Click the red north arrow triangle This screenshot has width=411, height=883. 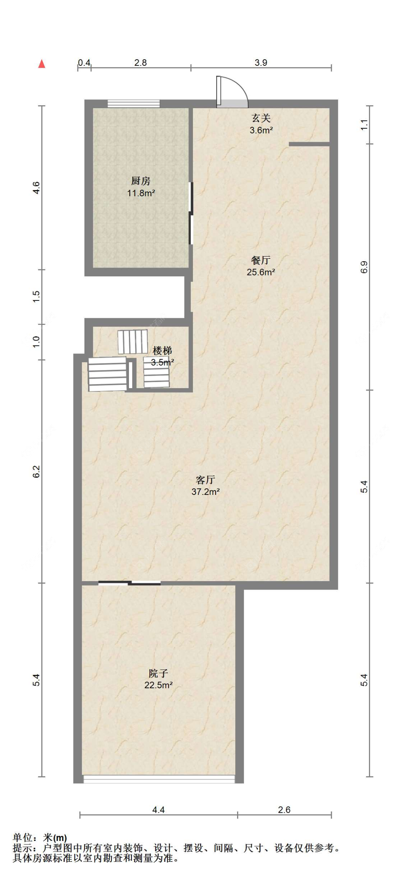point(42,64)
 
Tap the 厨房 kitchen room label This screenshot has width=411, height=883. point(141,181)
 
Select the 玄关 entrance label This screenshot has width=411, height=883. point(261,118)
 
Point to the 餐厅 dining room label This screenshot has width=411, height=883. point(261,260)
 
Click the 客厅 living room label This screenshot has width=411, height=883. point(205,480)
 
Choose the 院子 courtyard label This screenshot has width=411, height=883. point(158,673)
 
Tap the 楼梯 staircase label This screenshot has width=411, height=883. point(162,350)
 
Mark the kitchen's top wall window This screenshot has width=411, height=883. point(134,103)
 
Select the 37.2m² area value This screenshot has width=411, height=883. point(205,492)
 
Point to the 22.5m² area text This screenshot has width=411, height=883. point(158,685)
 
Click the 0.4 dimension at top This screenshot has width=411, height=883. point(84,62)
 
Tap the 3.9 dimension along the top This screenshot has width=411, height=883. point(261,62)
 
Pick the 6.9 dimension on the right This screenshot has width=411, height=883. point(364,267)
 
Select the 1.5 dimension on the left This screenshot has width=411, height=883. point(36,296)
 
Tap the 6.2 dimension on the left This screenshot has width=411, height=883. point(36,471)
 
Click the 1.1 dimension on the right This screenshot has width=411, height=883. point(364,125)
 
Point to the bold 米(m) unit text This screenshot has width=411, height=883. point(55,838)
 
